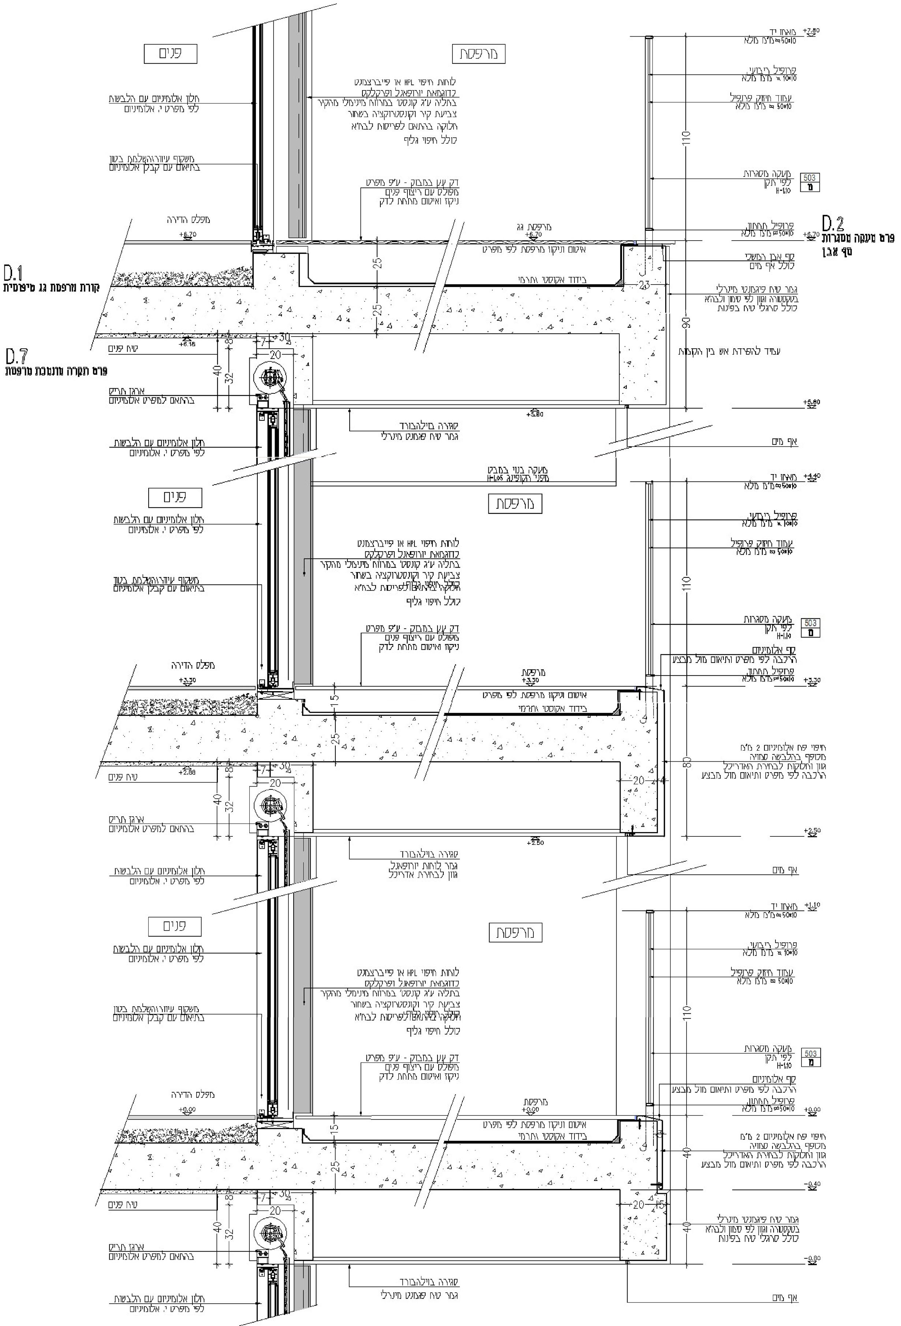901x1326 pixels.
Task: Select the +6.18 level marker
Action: coord(187,344)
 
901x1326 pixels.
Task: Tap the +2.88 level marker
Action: coord(187,772)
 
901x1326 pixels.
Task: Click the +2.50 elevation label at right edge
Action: coord(811,831)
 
